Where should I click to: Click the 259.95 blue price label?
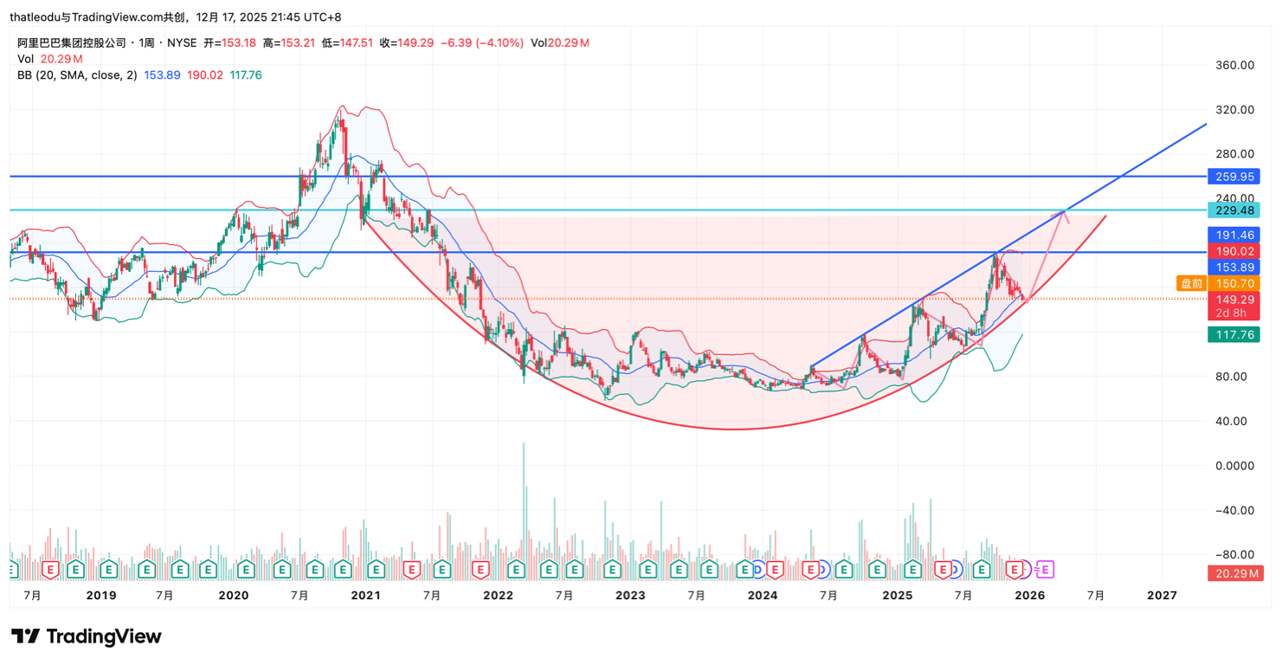pos(1234,177)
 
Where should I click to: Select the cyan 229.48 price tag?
pos(1234,210)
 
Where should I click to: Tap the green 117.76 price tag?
pos(1234,335)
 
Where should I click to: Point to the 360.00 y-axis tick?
pos(1234,65)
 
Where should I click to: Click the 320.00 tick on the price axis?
pos(1234,110)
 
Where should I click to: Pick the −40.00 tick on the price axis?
pos(1234,510)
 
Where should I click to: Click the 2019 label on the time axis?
pos(101,596)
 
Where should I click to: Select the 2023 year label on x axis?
pos(630,596)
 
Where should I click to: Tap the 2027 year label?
pos(1162,596)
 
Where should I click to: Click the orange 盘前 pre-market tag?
pos(1191,283)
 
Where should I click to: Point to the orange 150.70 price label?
pos(1234,283)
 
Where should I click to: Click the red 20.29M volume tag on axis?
pos(1234,573)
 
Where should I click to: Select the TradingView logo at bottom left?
pos(87,637)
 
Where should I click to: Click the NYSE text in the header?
pos(182,42)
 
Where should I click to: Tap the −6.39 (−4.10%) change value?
pos(482,42)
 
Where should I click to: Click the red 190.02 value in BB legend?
pos(205,75)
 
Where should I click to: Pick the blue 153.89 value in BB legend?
pos(162,75)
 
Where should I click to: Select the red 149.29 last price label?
pos(1234,300)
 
